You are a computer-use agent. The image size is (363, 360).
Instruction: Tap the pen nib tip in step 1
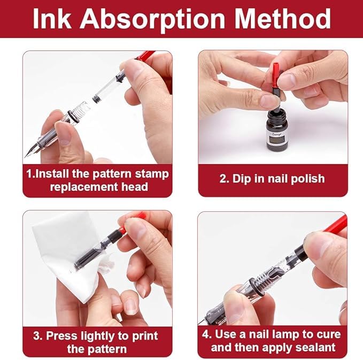(x=26, y=156)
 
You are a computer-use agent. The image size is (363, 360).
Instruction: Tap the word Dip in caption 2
(x=241, y=179)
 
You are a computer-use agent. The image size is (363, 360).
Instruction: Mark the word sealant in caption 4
(x=315, y=347)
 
